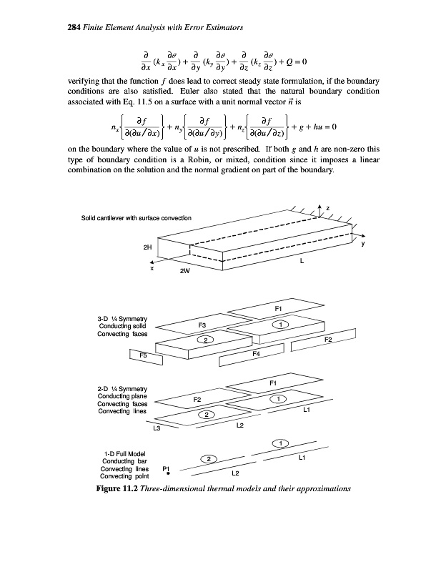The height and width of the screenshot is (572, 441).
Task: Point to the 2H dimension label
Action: (148, 248)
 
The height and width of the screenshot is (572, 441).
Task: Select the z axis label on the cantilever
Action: (327, 208)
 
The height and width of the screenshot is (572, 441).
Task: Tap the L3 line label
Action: (156, 428)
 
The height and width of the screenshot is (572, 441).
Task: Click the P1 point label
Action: (167, 468)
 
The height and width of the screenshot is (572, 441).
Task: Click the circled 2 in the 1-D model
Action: (209, 458)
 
